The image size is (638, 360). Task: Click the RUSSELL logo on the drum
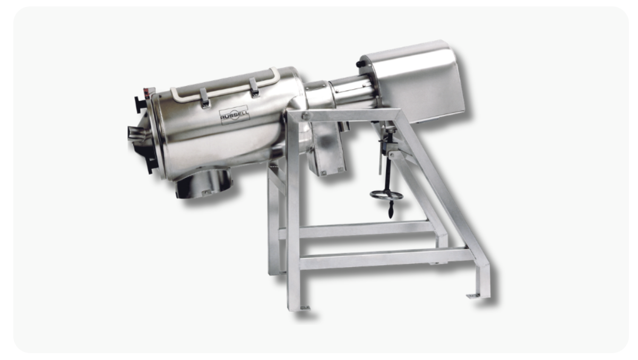coord(235,115)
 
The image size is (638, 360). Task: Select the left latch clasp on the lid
coord(204,98)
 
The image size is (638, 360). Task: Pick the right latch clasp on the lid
coord(254,87)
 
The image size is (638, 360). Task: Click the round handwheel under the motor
coord(386,195)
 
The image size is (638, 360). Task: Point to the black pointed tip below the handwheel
coord(391,212)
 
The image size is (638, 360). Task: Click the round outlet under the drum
coord(203,182)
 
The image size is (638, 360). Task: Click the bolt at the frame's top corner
coord(306,116)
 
